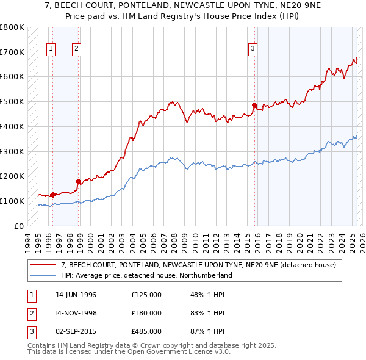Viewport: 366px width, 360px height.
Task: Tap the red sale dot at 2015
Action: click(x=254, y=104)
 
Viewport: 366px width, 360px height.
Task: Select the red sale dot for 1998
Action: click(x=78, y=181)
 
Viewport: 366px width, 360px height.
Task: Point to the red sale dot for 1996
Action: click(x=53, y=195)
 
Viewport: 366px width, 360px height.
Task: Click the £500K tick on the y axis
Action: click(x=12, y=101)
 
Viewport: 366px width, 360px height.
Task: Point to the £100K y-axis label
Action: click(x=12, y=201)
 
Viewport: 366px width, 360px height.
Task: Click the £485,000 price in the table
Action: click(x=146, y=332)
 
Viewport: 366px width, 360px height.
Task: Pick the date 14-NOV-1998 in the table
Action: click(x=76, y=313)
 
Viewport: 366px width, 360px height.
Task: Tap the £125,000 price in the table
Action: click(x=146, y=294)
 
